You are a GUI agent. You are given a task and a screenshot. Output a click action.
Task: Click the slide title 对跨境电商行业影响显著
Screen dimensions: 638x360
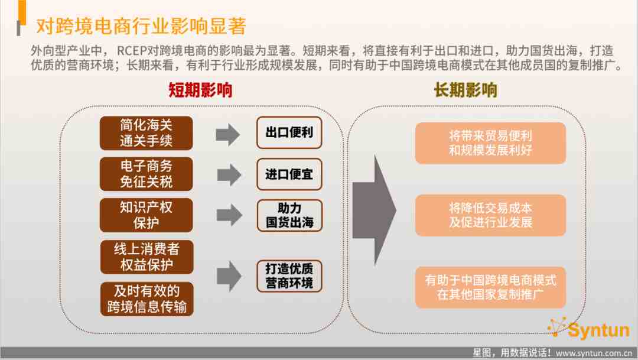click(x=141, y=26)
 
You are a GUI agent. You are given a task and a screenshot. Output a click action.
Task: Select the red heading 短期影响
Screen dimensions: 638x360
click(x=200, y=90)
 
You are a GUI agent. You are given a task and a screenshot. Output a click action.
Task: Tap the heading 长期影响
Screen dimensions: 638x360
click(x=466, y=90)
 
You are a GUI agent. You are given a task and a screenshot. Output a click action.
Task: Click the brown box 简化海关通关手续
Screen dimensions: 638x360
click(x=146, y=133)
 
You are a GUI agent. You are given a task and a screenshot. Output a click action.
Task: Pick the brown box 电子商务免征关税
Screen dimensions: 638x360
click(x=146, y=174)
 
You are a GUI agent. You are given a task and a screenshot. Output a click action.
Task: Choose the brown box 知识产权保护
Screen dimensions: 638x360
click(x=146, y=215)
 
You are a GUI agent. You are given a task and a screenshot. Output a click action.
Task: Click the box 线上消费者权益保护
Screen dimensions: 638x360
click(x=147, y=257)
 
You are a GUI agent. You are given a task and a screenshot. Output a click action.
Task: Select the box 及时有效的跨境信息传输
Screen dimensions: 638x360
click(x=147, y=299)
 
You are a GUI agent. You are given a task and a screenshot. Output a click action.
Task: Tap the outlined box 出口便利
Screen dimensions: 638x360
click(x=289, y=133)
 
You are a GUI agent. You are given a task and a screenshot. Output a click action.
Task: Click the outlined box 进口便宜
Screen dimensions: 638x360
click(x=289, y=174)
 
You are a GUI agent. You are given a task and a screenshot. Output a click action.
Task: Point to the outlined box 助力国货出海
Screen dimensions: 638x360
click(x=289, y=215)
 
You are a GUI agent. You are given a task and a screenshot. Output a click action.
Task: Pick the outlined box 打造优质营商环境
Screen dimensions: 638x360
click(x=289, y=276)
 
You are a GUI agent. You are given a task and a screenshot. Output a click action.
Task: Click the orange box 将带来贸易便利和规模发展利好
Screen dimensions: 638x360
click(x=490, y=143)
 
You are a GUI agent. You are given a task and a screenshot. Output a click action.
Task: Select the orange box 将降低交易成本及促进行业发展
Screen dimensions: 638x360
click(x=490, y=215)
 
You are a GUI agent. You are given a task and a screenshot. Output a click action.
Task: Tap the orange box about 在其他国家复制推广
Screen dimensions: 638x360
click(x=490, y=287)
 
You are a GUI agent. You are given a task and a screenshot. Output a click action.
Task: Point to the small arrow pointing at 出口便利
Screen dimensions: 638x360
click(x=228, y=134)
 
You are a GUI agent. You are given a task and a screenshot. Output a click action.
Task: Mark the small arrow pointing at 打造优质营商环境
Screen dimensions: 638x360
click(x=229, y=276)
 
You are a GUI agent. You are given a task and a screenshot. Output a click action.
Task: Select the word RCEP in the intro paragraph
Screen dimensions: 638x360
click(x=131, y=51)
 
